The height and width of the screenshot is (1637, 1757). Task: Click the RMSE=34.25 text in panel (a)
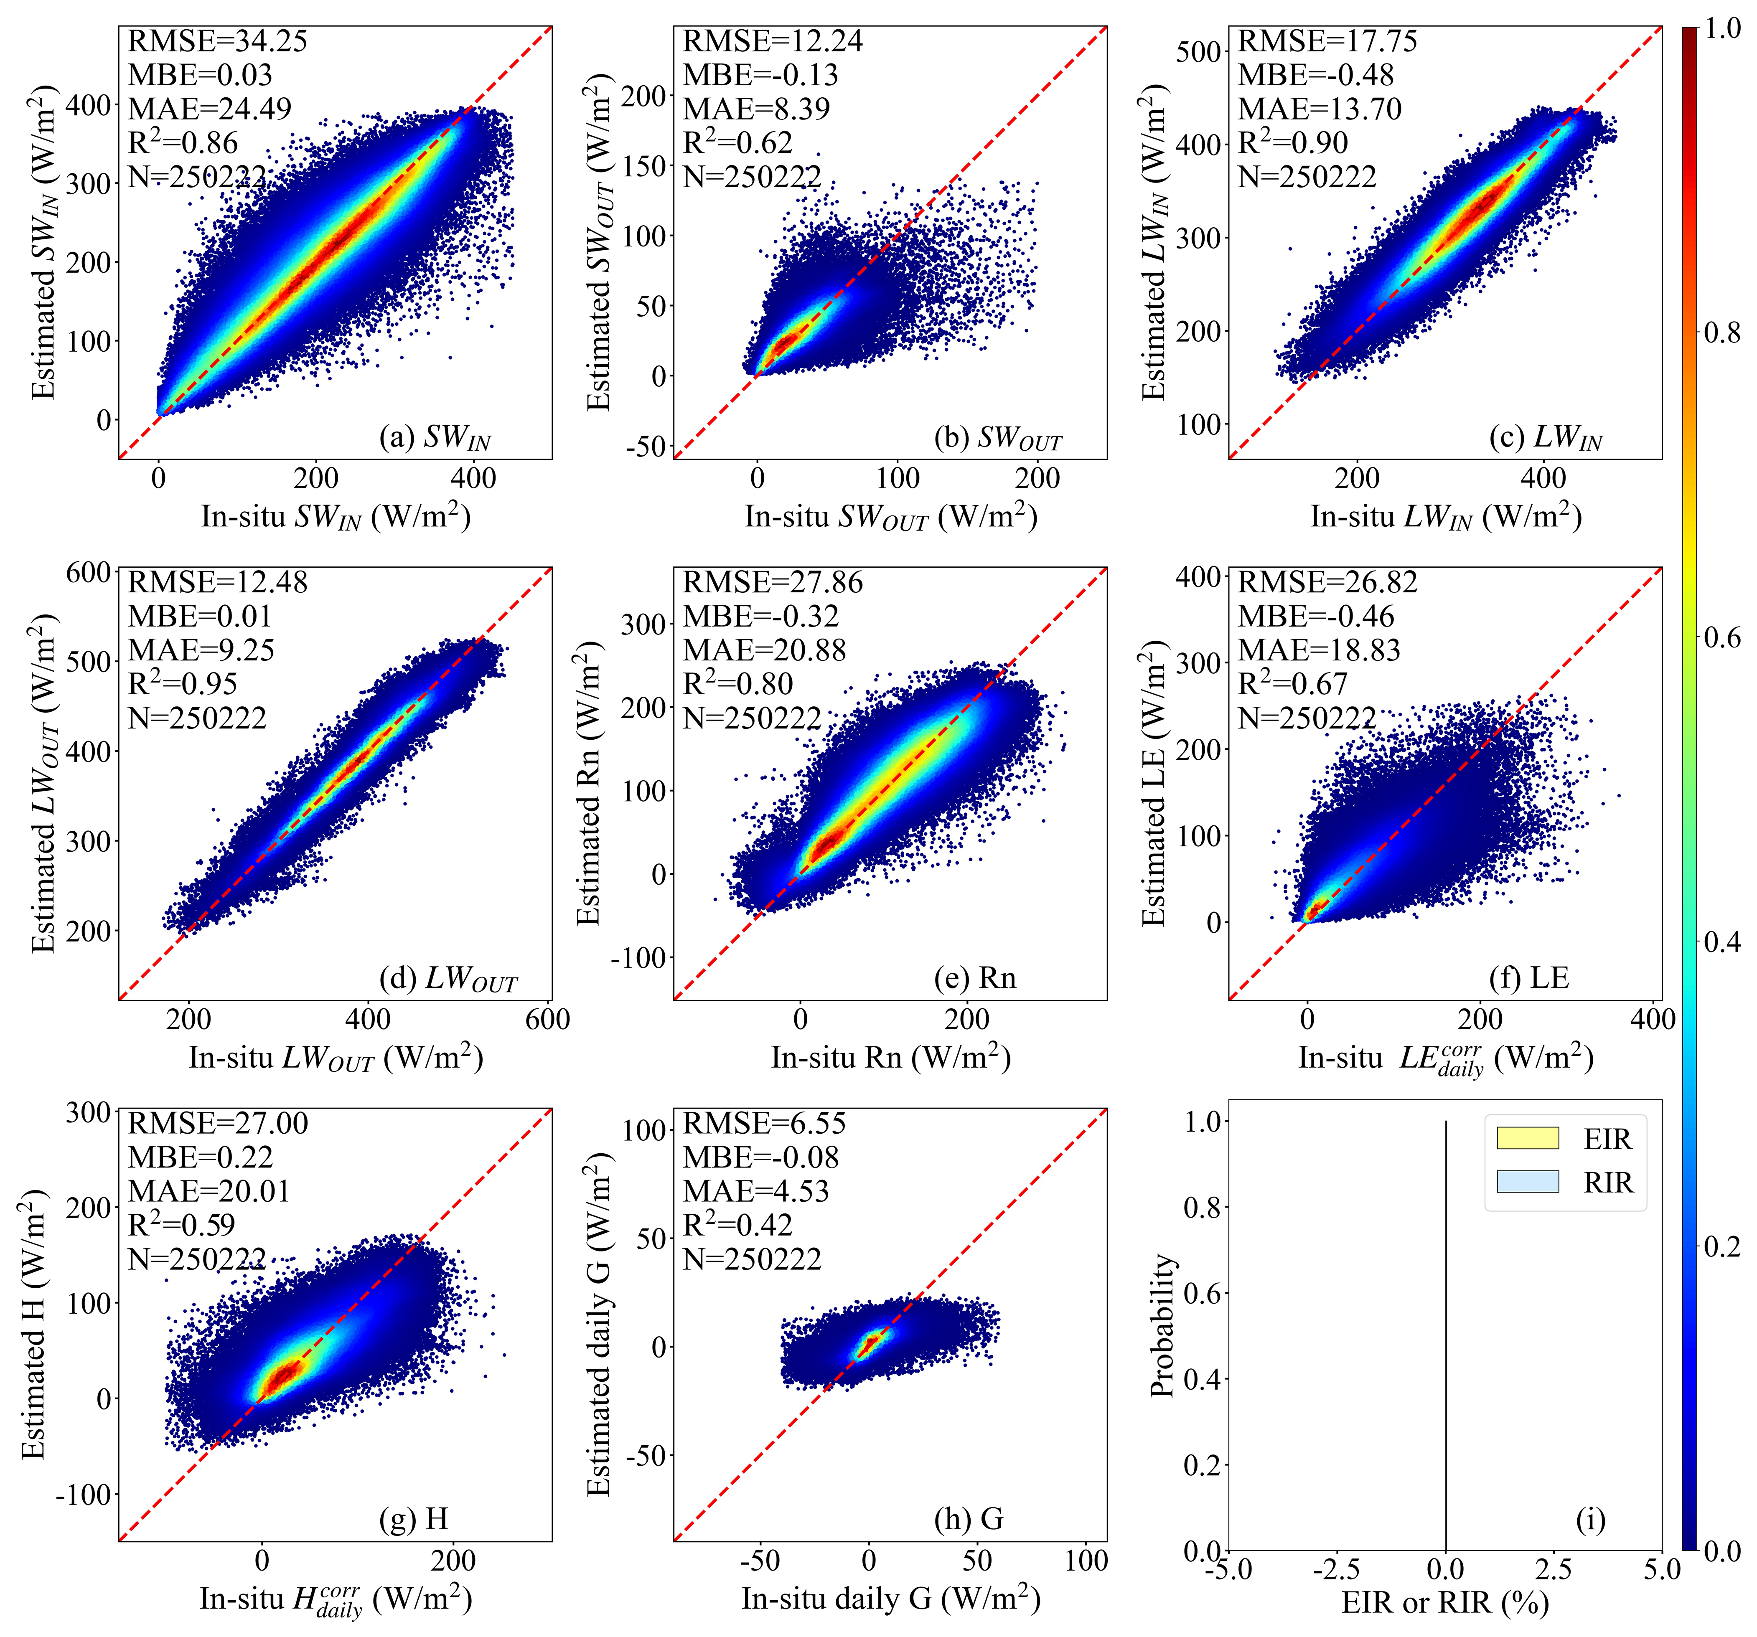point(217,41)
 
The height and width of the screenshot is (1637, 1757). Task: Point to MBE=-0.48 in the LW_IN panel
point(1315,75)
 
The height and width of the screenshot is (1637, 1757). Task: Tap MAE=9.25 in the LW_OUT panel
point(201,650)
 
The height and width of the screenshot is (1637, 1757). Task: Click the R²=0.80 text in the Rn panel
point(737,684)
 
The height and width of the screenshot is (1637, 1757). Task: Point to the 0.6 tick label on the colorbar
point(1721,637)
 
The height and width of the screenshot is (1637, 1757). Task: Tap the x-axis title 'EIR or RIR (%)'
point(1445,1603)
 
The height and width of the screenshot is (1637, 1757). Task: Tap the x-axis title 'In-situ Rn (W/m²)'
point(890,1058)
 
